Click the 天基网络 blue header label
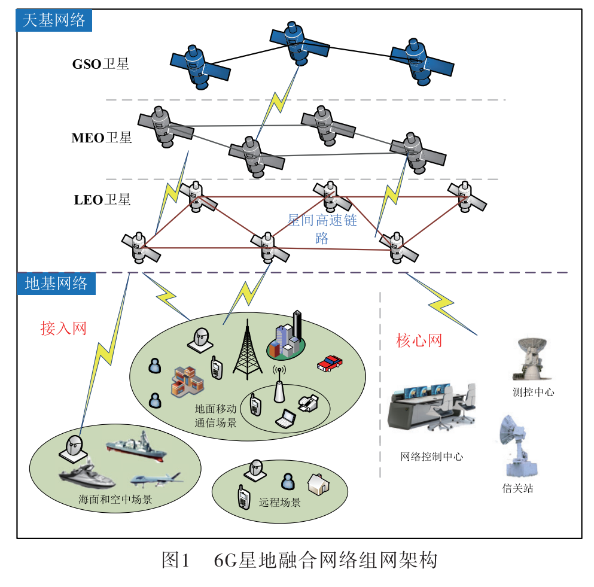[54, 21]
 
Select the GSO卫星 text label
[100, 64]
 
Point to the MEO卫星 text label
[101, 138]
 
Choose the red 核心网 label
[419, 340]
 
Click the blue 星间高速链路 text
[322, 229]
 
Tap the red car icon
[329, 363]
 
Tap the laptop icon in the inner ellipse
[286, 419]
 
